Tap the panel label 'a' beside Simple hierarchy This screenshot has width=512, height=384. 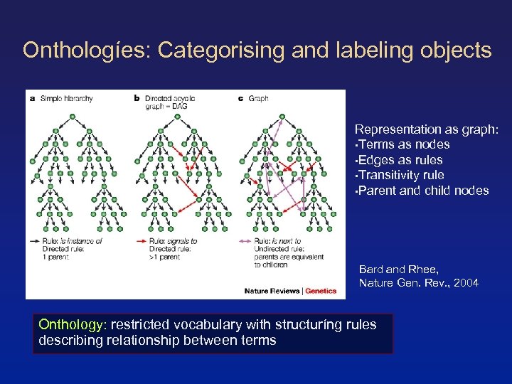(x=32, y=98)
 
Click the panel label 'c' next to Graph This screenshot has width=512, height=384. (x=240, y=98)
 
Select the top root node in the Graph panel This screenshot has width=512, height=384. (x=282, y=117)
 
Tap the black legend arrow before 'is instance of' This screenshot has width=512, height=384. (x=35, y=242)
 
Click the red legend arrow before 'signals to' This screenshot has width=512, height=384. (x=141, y=242)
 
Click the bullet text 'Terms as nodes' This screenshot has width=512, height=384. (x=405, y=144)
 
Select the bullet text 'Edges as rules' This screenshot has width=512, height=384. (x=402, y=160)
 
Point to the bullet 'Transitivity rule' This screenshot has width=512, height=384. (x=402, y=175)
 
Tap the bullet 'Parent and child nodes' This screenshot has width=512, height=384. (x=425, y=191)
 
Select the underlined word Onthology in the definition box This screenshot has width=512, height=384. (x=70, y=325)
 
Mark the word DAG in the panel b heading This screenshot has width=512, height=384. (x=174, y=106)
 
